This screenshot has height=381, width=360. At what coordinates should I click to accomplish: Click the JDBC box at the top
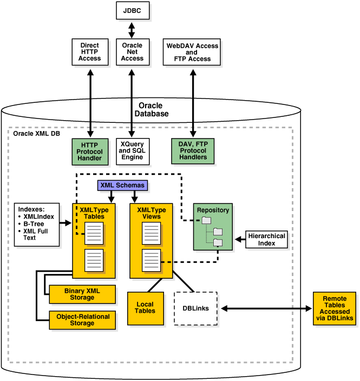coord(132,10)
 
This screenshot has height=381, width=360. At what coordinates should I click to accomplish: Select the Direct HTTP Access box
coord(89,51)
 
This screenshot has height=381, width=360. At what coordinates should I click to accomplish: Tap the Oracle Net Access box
coord(132,51)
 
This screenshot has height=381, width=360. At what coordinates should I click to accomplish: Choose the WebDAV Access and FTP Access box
coord(192,51)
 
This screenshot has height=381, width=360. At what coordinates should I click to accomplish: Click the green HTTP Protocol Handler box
coord(89,150)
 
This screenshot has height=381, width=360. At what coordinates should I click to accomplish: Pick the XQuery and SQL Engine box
coord(132,150)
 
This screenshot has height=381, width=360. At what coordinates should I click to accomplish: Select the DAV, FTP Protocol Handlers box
coord(192,150)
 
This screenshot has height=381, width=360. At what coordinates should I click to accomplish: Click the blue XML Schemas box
coord(123,185)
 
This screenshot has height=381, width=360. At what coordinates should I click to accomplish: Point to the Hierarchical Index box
coord(266,240)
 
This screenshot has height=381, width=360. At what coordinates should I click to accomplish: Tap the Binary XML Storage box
coord(82,294)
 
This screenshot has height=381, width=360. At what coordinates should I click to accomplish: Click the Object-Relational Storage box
coord(82,320)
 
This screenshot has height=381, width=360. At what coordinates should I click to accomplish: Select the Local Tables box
coord(146,307)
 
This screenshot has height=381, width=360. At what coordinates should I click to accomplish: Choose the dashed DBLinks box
coord(195,308)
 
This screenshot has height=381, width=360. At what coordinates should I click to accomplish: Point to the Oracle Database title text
coord(153,109)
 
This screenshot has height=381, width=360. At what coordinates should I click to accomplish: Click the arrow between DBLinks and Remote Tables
coord(265,309)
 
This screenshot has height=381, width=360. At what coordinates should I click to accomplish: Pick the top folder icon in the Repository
coord(206,220)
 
